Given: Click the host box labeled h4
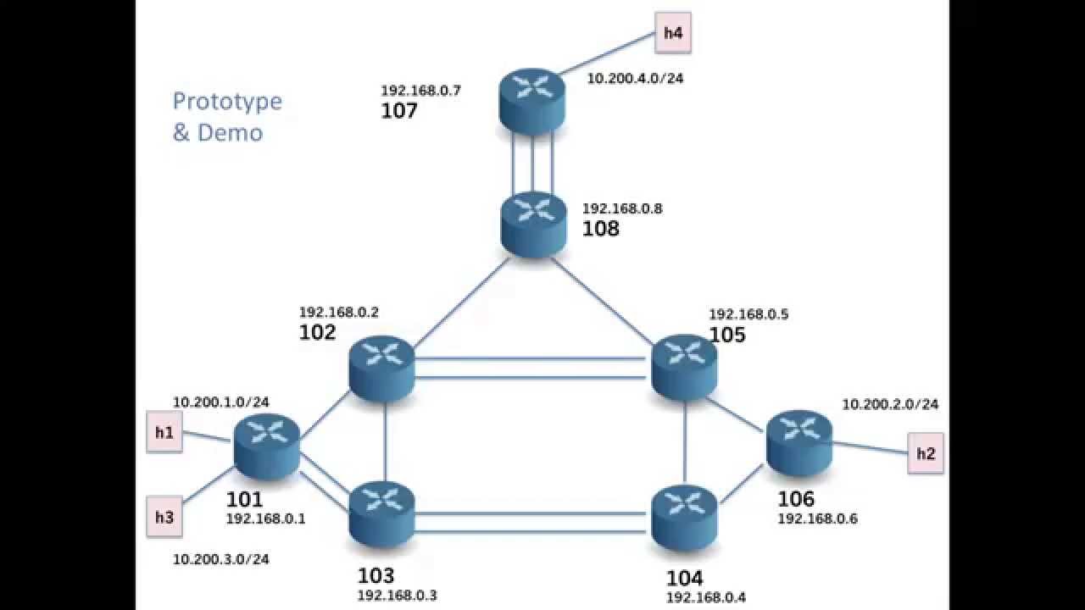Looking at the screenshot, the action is tap(673, 33).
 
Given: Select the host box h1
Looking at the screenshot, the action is tap(164, 432).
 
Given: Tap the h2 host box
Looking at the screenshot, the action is tap(925, 453).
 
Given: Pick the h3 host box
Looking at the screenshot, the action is tap(164, 517).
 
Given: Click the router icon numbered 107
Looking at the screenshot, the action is tap(531, 102).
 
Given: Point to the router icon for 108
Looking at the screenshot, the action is tap(533, 225).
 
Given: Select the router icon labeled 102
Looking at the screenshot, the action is tap(381, 369).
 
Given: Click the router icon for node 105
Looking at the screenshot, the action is tap(684, 367).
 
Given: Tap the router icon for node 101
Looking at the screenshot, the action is tap(267, 446).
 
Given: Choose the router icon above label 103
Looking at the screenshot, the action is tap(381, 514).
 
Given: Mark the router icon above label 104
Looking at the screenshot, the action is tap(684, 518).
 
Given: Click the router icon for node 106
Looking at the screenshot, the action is tap(799, 443).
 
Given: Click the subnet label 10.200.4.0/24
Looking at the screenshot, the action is tap(635, 79).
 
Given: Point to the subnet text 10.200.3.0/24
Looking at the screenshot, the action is tap(221, 559).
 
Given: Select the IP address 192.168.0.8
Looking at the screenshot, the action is tap(622, 208).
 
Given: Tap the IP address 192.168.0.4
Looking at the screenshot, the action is tap(706, 597).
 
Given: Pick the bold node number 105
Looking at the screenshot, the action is tap(727, 335).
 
